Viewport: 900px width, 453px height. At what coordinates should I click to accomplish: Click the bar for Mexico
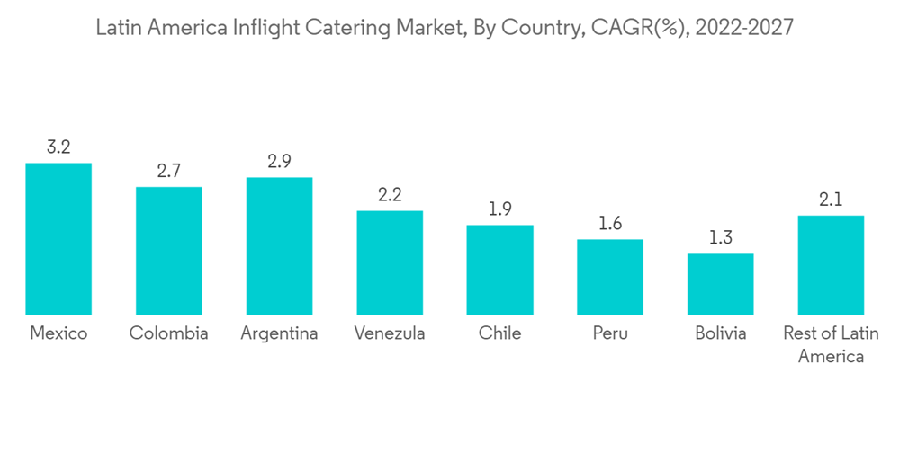click(58, 239)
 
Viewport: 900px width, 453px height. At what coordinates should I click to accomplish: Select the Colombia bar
click(169, 251)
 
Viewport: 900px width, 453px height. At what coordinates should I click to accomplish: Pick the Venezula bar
click(390, 262)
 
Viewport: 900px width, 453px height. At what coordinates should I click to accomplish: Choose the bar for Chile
click(499, 270)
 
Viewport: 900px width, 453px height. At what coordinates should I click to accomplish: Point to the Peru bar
click(610, 277)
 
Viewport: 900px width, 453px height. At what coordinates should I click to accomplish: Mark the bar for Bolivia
click(720, 284)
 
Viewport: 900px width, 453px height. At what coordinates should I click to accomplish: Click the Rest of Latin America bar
click(831, 265)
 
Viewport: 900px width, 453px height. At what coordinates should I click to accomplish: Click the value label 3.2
click(58, 147)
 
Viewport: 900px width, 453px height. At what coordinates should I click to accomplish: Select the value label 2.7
click(169, 172)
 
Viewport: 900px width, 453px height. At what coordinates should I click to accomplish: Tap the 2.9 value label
click(279, 162)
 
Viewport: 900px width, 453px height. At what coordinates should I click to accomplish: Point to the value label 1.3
click(720, 238)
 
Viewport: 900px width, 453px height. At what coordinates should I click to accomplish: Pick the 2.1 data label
click(831, 200)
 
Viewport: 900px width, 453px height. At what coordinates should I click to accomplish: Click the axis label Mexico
click(58, 333)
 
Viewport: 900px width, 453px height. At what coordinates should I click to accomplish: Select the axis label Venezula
click(390, 333)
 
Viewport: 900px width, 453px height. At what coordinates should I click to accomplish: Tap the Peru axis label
click(610, 333)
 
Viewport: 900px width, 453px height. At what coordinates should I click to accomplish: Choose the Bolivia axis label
click(720, 333)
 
